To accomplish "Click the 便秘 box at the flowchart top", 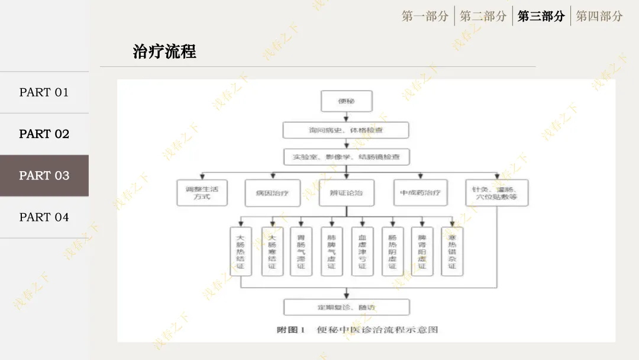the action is point(346,101).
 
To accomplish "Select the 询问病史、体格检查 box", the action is point(346,130).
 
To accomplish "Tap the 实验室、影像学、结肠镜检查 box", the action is point(346,157).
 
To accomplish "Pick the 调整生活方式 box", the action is point(202,192).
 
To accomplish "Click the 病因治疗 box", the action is point(273,192).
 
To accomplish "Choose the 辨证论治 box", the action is point(346,192).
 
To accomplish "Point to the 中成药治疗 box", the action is point(421,192).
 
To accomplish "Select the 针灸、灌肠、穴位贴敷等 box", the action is point(496,192).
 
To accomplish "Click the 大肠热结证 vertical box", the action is point(240,251).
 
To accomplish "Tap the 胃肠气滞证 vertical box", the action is point(301,251).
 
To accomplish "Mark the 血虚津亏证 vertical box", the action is point(362,251).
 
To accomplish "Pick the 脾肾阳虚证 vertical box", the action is point(422,251).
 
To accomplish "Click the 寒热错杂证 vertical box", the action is point(453,251).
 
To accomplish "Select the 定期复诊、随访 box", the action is point(346,307).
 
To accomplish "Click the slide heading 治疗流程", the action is point(164,52).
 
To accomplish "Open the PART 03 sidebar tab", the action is point(44,176).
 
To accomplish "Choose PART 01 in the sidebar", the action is point(44,92).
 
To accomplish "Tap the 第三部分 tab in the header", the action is point(541,17).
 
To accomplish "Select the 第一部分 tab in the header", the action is point(425,17).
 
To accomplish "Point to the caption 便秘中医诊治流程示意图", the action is point(377,330).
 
